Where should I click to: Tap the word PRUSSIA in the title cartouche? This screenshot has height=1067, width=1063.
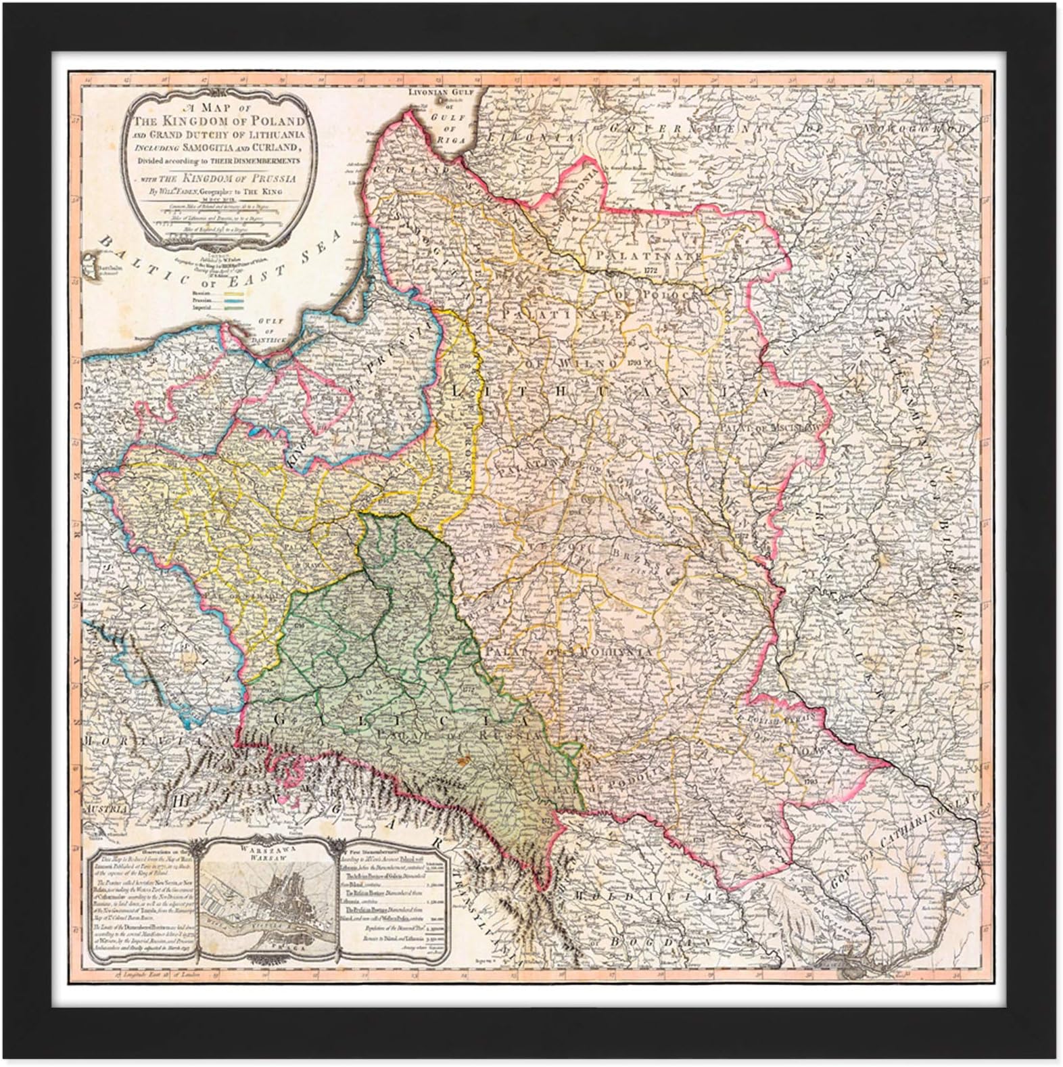264,179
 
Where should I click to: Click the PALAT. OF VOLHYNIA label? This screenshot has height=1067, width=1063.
592,652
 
